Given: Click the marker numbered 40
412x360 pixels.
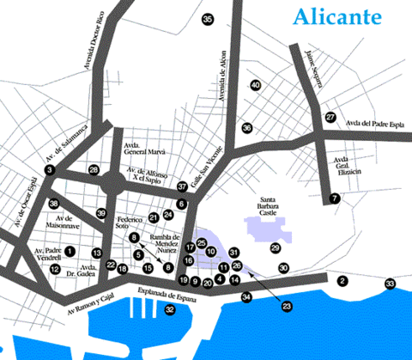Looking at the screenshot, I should (x=255, y=85).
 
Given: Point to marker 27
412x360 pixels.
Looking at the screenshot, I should (x=330, y=117).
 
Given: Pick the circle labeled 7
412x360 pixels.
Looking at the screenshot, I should (x=335, y=198).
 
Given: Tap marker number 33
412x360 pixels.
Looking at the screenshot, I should (x=390, y=284).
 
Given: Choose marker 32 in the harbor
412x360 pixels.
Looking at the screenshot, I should (x=169, y=309).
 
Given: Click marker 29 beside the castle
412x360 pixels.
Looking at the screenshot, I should (x=276, y=247).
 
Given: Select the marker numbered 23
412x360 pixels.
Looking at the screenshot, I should (x=287, y=305).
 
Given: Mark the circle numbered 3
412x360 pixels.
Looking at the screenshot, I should (x=50, y=171).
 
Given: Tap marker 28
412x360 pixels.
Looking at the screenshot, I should (x=94, y=170).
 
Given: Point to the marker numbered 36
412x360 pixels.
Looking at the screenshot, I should (x=246, y=128).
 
